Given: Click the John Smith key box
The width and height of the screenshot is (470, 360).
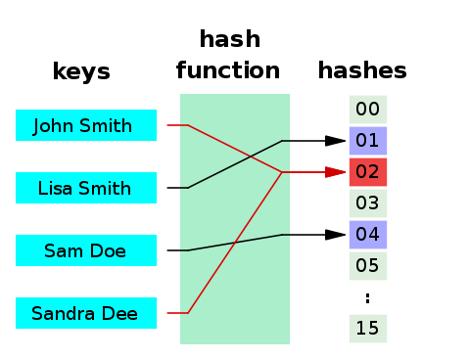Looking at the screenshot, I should click(x=86, y=125).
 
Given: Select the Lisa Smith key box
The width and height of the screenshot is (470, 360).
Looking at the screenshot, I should click(x=86, y=188).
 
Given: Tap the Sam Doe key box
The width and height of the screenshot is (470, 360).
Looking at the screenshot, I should click(x=86, y=250).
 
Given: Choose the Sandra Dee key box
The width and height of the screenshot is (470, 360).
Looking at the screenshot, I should click(x=86, y=313).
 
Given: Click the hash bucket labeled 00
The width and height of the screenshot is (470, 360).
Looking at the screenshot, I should click(x=368, y=110).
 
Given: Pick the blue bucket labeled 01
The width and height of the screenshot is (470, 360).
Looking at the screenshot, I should click(x=368, y=141).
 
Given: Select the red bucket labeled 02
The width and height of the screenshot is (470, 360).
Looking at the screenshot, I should click(x=368, y=172).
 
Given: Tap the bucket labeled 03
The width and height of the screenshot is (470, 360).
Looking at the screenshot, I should click(x=368, y=203).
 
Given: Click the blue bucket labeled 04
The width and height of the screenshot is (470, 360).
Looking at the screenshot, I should click(x=368, y=235).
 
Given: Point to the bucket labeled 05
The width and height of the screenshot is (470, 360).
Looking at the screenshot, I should click(x=368, y=266).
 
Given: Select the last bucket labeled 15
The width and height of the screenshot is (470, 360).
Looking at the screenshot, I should click(x=368, y=329).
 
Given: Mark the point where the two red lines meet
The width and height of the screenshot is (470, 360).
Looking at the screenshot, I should click(x=282, y=172).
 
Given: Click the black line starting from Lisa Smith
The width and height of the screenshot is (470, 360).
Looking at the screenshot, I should click(x=235, y=164).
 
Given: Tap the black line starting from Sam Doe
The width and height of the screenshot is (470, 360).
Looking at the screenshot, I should click(x=235, y=243).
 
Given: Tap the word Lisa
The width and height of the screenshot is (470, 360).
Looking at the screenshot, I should click(x=58, y=188).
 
